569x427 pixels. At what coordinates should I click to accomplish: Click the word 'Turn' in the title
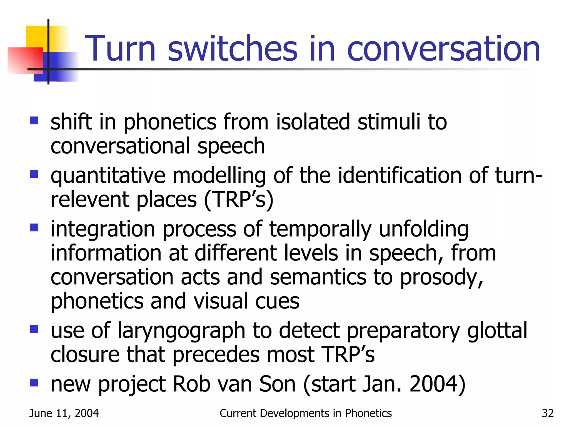click(120, 49)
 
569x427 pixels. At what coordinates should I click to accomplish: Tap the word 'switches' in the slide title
click(233, 49)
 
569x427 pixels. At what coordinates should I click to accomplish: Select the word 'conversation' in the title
click(443, 49)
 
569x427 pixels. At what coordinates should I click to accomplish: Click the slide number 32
click(548, 413)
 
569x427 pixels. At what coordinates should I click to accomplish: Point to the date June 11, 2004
click(64, 413)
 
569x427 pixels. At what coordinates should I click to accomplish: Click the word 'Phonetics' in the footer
click(368, 413)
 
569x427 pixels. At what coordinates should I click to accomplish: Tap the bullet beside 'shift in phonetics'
click(34, 121)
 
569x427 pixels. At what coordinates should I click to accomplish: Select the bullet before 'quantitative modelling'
click(34, 174)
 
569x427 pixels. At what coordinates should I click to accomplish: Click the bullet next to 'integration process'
click(34, 228)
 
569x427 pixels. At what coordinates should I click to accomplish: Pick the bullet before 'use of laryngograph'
click(34, 329)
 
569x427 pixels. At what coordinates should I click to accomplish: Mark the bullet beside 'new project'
click(34, 383)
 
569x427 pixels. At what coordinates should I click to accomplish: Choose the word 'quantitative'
click(108, 176)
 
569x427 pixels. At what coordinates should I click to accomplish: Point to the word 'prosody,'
click(441, 278)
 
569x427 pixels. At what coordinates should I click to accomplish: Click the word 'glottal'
click(497, 331)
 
